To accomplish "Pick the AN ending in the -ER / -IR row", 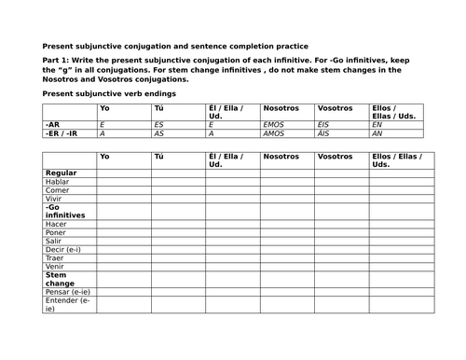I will [x=376, y=132].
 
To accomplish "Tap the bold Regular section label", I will [x=60, y=173].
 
